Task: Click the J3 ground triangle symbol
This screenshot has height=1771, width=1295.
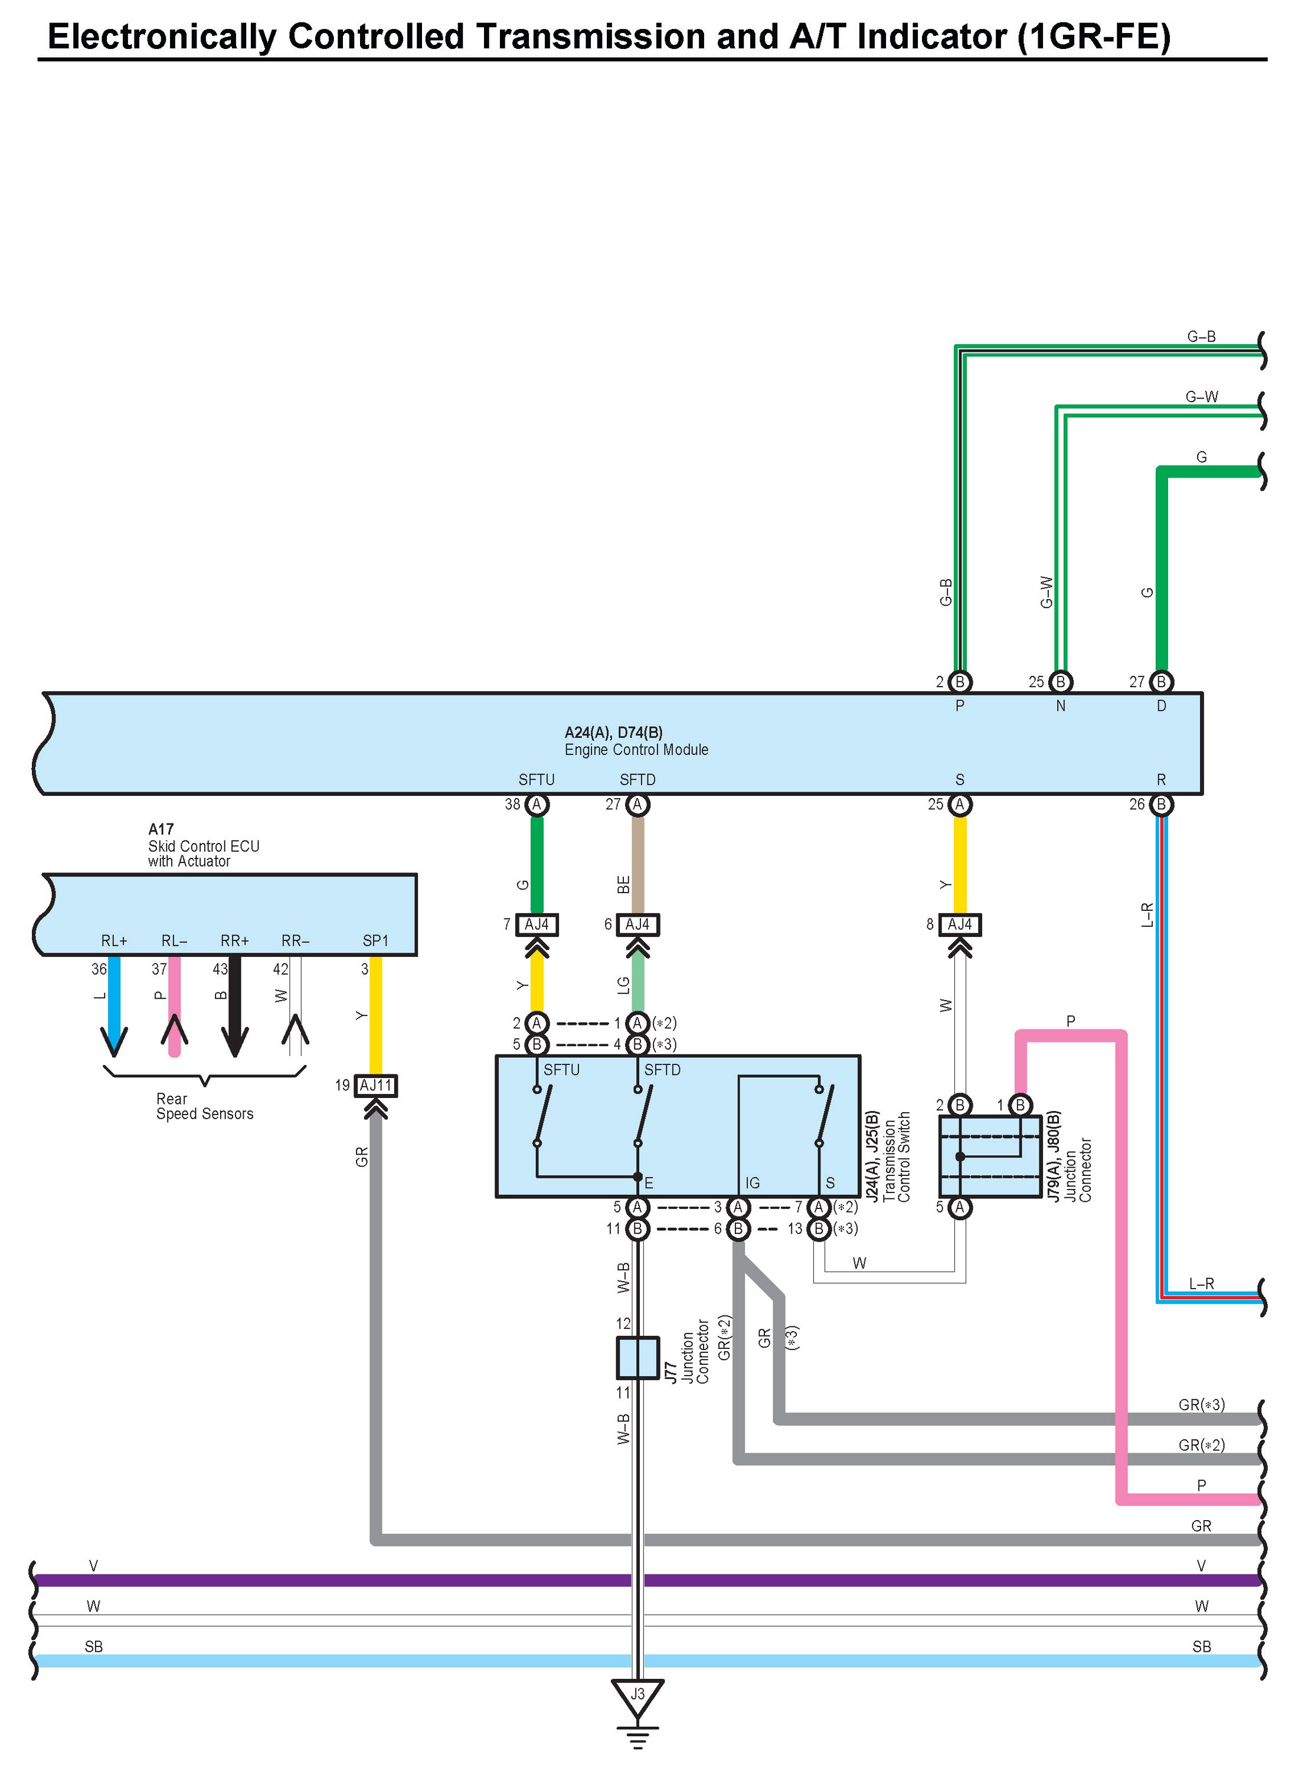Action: (637, 1697)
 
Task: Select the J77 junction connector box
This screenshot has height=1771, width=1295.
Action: (637, 1358)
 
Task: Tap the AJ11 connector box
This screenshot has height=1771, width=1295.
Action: (375, 1086)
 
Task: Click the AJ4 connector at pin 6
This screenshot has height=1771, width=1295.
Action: (637, 925)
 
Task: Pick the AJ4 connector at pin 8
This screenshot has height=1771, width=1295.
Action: (960, 925)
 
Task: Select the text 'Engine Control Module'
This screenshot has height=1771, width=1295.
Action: (636, 750)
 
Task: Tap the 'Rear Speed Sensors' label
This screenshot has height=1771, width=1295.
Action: (205, 1106)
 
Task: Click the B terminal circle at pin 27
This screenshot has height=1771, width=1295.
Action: (1162, 682)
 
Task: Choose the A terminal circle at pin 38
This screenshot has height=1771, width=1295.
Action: (537, 805)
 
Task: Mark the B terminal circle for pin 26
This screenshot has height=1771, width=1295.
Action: (1162, 805)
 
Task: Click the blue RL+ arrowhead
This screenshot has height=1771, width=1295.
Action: (115, 1041)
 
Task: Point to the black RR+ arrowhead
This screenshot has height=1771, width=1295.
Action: (235, 1041)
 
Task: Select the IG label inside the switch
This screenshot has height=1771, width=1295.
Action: (753, 1183)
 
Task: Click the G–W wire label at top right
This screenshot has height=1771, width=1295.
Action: (1202, 397)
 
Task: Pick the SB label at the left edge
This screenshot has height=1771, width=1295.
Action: (93, 1647)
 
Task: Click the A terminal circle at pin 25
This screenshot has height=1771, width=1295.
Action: (960, 805)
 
